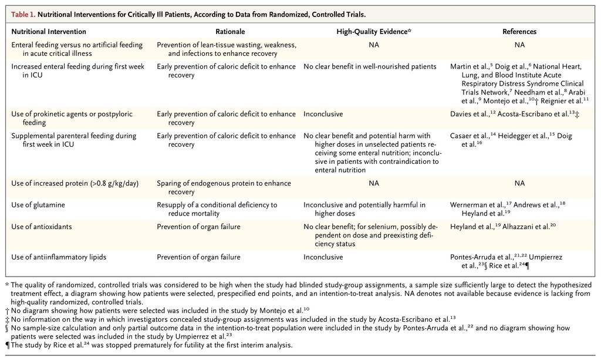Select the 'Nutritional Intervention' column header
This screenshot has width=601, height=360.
point(49,32)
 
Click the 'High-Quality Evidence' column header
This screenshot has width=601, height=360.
point(373,32)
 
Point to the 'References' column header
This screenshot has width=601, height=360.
point(519,32)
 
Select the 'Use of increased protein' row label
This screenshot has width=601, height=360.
point(75,184)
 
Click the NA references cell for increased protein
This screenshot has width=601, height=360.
point(519,184)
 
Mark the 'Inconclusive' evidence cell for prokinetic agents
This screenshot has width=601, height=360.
point(323,115)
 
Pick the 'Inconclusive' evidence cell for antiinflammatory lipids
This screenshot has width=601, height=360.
point(323,257)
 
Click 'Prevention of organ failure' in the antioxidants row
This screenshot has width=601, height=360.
point(198,227)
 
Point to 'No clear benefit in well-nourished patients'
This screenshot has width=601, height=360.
point(370,67)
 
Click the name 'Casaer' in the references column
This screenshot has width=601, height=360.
point(462,136)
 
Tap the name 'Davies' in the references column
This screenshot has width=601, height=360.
point(461,115)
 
